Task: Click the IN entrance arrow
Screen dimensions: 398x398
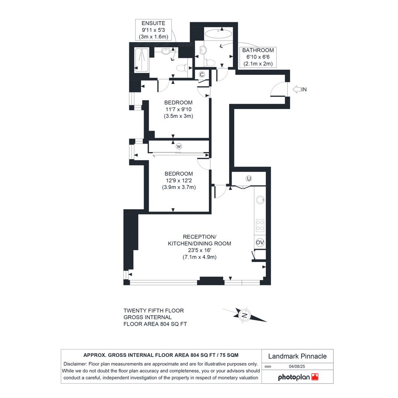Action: tap(297, 89)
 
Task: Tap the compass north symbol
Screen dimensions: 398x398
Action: tap(245, 315)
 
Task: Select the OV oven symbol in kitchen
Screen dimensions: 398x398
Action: tap(260, 243)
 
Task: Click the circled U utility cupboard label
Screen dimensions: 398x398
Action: tap(249, 179)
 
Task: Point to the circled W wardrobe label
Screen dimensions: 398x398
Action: tap(179, 146)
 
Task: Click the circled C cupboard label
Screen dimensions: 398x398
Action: tap(202, 75)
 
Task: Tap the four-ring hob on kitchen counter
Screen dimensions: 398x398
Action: tap(260, 226)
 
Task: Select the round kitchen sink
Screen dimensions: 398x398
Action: tap(260, 200)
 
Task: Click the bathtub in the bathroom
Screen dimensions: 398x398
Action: tap(218, 34)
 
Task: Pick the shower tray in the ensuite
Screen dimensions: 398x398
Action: tap(142, 60)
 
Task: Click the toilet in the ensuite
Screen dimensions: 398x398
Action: tap(182, 68)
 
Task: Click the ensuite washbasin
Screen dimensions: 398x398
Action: tap(166, 51)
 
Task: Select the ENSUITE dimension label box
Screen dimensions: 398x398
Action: tap(153, 30)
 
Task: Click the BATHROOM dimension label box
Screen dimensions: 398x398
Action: tap(258, 57)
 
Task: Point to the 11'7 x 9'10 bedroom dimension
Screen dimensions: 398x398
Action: tap(179, 110)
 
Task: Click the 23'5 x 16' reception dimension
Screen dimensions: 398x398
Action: tap(200, 250)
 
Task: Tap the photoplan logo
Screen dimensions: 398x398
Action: tap(298, 377)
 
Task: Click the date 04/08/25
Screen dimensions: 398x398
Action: tap(297, 366)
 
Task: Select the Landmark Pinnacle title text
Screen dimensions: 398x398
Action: tap(297, 356)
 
